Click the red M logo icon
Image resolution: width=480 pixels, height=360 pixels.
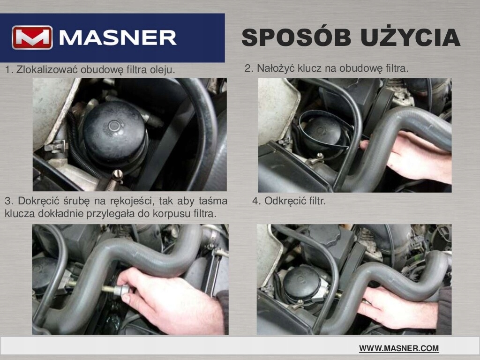(32, 37)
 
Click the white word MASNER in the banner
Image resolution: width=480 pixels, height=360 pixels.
(118, 37)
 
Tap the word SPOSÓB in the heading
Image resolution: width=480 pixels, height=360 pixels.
(296, 37)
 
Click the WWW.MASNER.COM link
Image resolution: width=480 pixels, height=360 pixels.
(399, 348)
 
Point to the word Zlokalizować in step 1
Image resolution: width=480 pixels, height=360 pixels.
(47, 69)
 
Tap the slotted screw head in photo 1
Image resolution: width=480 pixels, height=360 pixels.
(117, 175)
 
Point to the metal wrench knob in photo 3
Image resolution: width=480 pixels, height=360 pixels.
(124, 290)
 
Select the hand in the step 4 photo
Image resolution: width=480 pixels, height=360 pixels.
(398, 307)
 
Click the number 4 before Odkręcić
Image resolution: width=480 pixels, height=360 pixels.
(255, 202)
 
